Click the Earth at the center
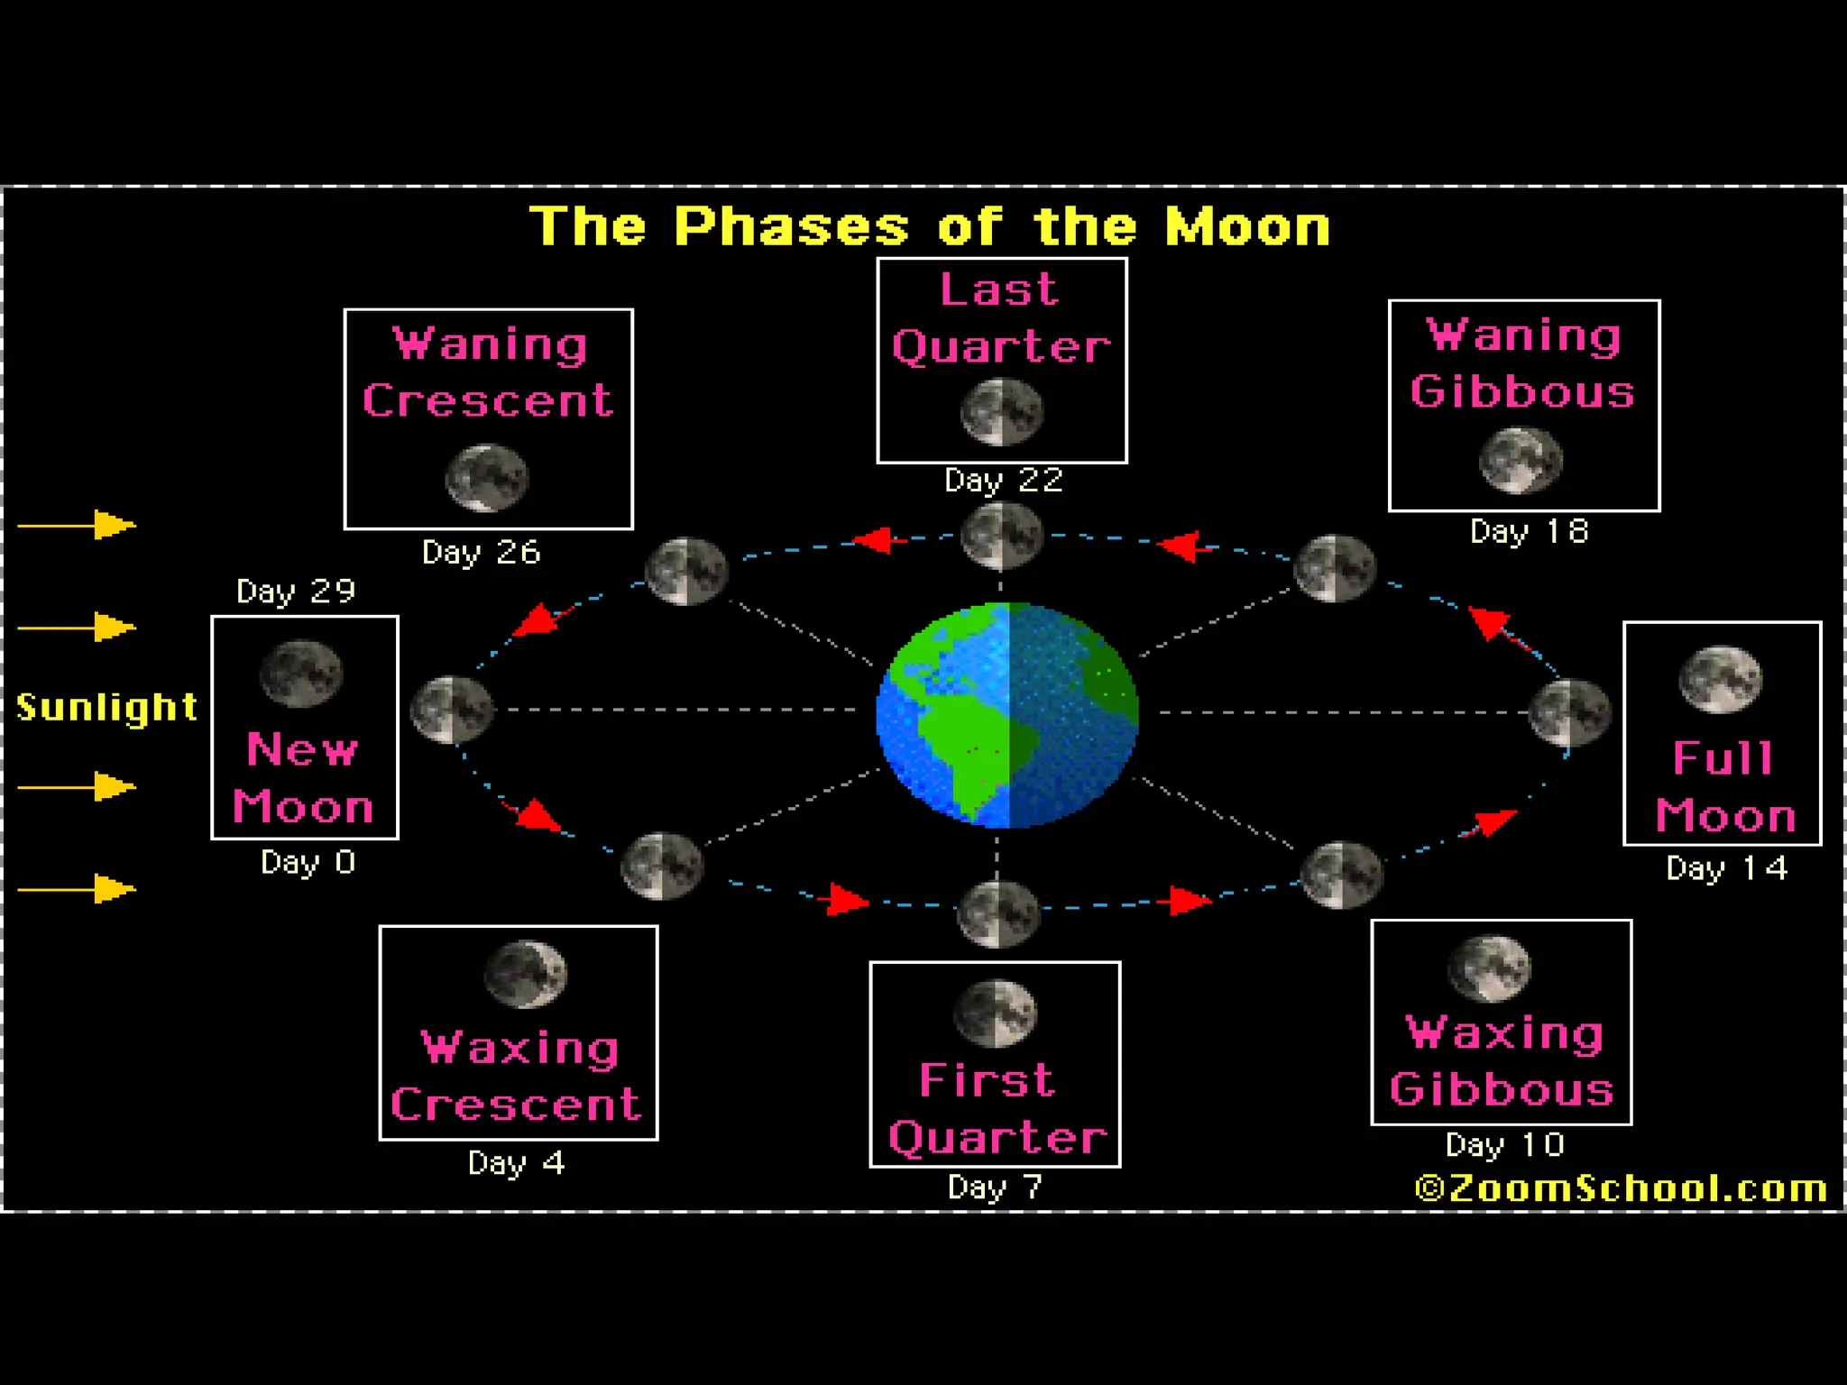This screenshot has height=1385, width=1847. (x=1007, y=715)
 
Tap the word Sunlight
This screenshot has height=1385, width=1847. (x=107, y=708)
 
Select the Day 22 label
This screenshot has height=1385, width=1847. (x=1003, y=481)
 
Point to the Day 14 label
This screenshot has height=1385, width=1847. (x=1726, y=868)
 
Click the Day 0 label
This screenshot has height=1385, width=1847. (x=308, y=863)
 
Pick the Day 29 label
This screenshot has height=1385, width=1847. (x=296, y=592)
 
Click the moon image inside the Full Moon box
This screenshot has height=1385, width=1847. (x=1721, y=679)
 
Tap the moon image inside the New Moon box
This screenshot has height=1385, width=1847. (x=301, y=674)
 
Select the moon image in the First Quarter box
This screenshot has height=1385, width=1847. (x=996, y=1014)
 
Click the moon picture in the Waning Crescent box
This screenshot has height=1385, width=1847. (x=487, y=477)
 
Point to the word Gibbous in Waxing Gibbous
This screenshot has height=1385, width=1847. (x=1502, y=1090)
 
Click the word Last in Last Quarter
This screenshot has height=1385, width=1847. (x=999, y=290)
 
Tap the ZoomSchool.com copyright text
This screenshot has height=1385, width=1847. (x=1621, y=1188)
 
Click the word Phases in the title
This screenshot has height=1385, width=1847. (x=791, y=226)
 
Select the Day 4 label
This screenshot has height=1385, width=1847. (x=517, y=1163)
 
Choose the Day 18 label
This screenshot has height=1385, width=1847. (x=1530, y=532)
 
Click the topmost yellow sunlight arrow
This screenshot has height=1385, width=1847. (x=78, y=525)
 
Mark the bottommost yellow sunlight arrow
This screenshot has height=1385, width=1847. (x=78, y=889)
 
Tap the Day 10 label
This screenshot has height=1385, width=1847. (x=1504, y=1145)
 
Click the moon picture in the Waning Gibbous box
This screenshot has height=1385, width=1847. (x=1521, y=460)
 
